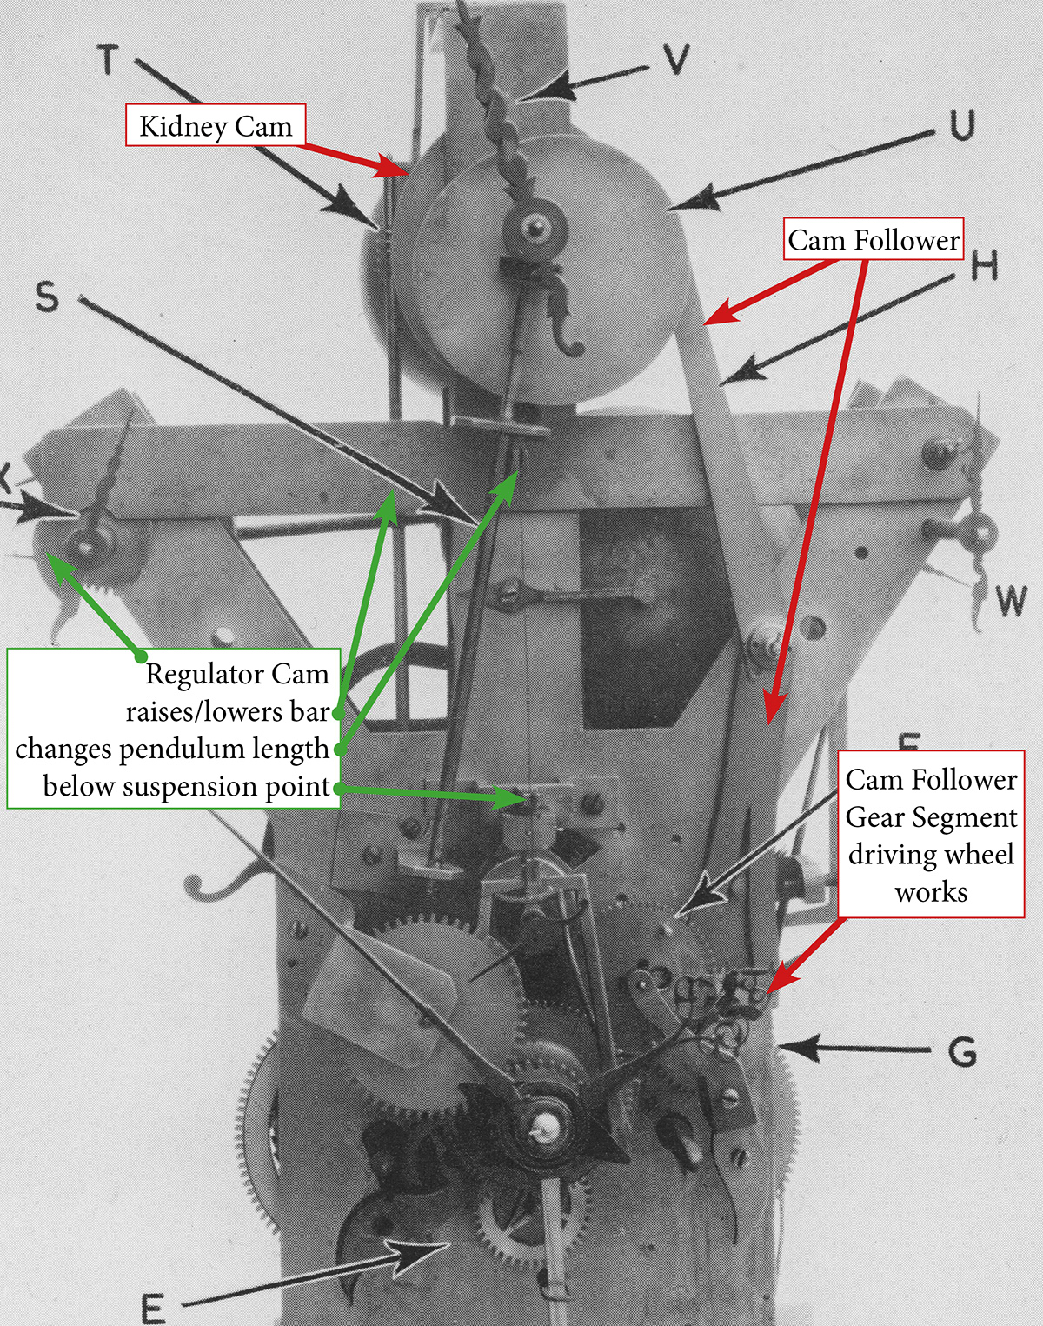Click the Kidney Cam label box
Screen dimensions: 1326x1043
click(x=215, y=125)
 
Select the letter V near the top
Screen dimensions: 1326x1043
click(x=675, y=59)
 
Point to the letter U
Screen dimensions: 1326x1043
click(x=961, y=125)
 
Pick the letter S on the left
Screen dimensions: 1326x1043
click(x=47, y=297)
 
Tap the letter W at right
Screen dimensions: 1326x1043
click(x=1011, y=601)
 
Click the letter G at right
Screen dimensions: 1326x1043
click(x=962, y=1052)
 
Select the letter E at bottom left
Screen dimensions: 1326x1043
click(x=153, y=1307)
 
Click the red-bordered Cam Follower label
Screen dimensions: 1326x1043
click(x=874, y=239)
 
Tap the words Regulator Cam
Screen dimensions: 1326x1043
click(x=236, y=674)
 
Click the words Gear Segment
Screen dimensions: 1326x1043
click(x=931, y=817)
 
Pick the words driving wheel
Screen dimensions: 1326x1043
click(x=931, y=855)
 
